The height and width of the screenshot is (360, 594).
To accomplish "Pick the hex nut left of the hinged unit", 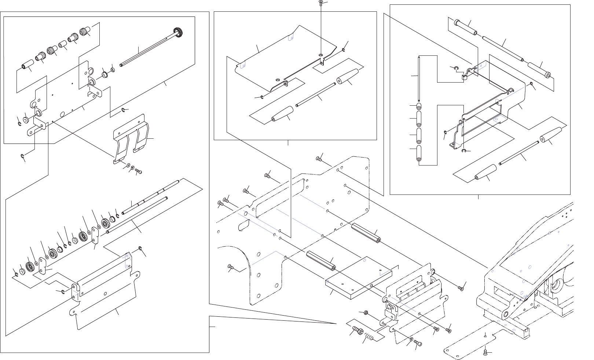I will point(366,313).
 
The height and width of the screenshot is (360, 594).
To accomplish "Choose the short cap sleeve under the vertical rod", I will point(419,107).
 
